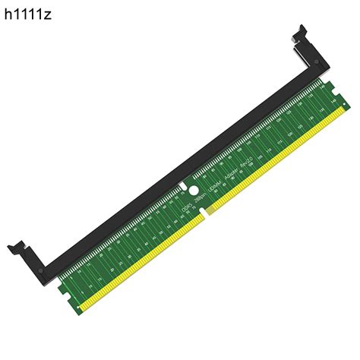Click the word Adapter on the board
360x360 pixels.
(232, 162)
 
